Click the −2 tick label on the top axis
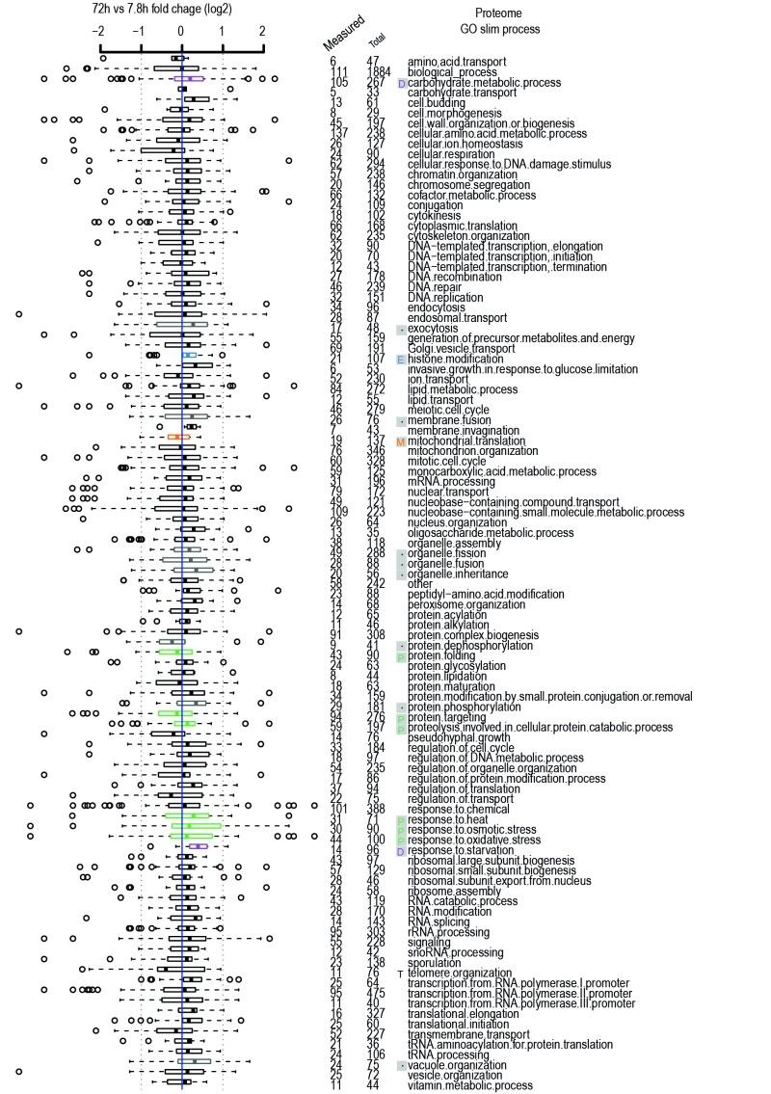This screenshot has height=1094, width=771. click(97, 31)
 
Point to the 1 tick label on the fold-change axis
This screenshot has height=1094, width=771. click(223, 31)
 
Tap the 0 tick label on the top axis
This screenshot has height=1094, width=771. click(181, 31)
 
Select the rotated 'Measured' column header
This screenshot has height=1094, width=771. click(343, 32)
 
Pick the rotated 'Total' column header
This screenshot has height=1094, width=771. click(378, 41)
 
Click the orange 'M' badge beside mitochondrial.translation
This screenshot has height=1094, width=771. click(401, 441)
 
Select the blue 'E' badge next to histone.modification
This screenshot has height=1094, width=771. click(401, 360)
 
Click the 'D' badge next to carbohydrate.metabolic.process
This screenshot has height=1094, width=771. click(401, 83)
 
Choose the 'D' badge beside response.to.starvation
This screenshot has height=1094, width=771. click(401, 851)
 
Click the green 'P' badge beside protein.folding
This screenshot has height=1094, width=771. click(401, 656)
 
